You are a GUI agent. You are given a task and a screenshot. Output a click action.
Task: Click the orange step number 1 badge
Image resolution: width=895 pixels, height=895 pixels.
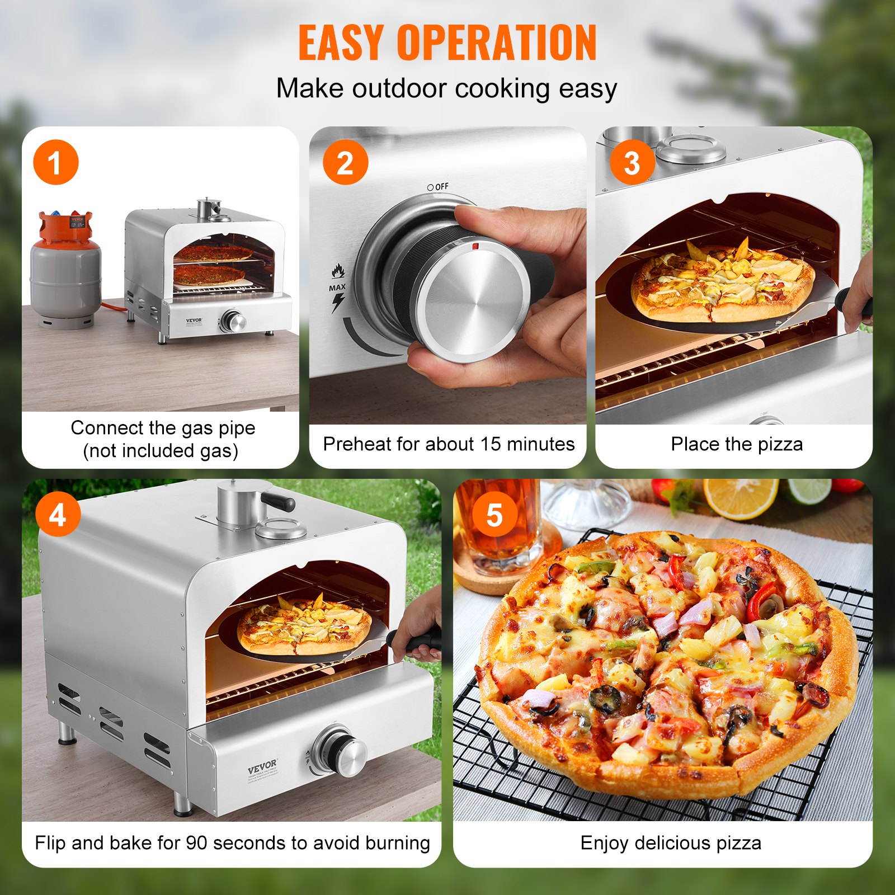click(55, 163)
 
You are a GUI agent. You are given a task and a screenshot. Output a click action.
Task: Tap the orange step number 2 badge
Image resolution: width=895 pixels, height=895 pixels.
click(345, 163)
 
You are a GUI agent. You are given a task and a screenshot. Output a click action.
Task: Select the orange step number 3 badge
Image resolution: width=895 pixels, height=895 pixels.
click(632, 163)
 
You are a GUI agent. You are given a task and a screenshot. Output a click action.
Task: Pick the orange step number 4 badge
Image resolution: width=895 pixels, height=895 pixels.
click(58, 514)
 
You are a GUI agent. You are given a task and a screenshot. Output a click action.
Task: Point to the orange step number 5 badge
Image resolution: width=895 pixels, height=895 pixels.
click(494, 514)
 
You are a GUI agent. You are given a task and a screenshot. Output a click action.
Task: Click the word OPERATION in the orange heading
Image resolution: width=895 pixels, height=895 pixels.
click(497, 43)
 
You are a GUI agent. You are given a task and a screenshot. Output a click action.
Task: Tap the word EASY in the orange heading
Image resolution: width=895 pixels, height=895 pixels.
click(341, 43)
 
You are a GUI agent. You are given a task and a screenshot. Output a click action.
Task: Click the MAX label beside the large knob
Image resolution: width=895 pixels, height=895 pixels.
click(337, 288)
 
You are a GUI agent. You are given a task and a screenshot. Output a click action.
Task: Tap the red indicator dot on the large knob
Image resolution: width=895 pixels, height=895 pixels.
click(475, 246)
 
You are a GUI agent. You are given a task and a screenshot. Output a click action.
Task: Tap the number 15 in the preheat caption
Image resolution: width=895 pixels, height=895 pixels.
click(490, 444)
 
